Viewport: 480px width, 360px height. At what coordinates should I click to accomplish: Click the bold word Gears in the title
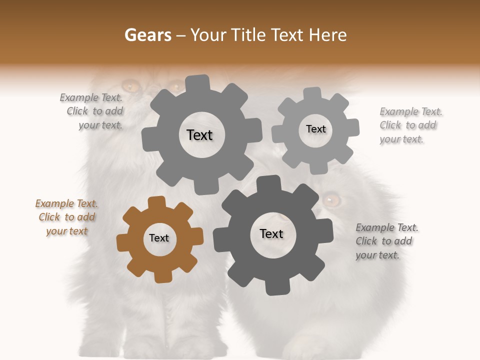tap(147, 35)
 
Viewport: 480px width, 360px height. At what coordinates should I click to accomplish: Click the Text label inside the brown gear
tap(159, 238)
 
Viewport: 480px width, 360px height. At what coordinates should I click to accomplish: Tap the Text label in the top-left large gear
tap(199, 135)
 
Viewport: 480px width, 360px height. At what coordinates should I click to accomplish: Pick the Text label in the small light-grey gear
tap(315, 129)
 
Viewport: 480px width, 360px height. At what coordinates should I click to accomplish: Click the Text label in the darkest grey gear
tap(271, 234)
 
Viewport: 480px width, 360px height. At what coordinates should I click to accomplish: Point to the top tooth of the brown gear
tap(157, 202)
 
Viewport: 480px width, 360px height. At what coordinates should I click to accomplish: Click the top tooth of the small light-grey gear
tap(312, 94)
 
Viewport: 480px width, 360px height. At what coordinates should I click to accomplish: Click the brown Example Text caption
tap(66, 217)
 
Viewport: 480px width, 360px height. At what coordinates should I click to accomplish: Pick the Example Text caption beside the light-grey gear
tap(410, 125)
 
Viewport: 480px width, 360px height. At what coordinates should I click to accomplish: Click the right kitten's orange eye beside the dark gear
tap(331, 200)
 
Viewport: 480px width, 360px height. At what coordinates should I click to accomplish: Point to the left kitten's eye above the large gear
tap(132, 86)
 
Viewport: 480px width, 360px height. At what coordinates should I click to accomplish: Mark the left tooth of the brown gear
tap(123, 242)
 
